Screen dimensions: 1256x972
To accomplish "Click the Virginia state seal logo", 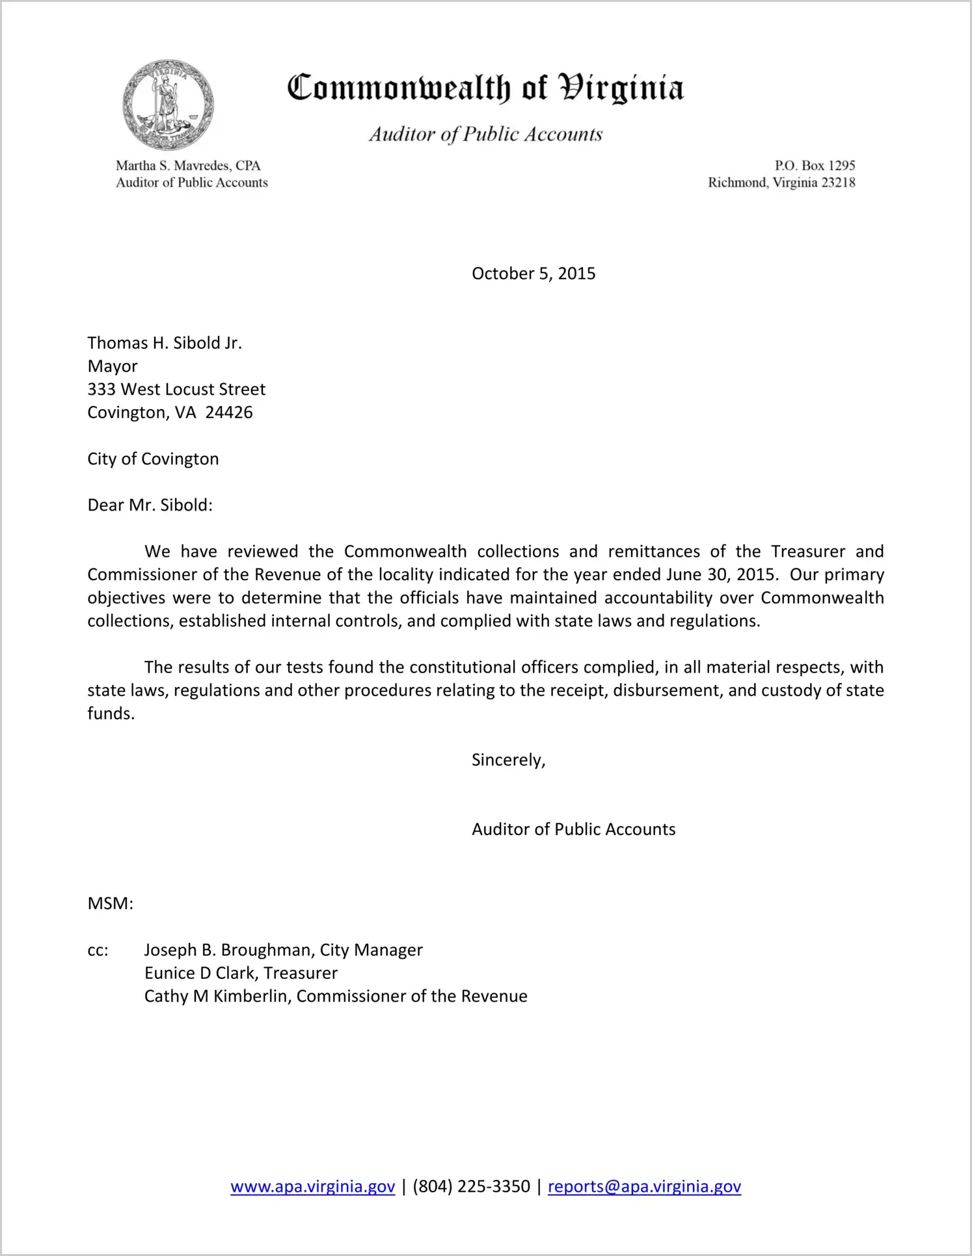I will [168, 105].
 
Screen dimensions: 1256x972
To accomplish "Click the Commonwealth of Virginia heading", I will [485, 88].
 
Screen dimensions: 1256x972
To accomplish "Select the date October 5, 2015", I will [533, 274].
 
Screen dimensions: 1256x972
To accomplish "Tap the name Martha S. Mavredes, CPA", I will [188, 166].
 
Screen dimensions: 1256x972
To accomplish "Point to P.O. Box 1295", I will [815, 166].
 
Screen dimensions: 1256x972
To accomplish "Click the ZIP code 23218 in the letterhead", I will [838, 183].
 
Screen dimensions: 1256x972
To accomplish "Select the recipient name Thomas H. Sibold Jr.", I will [165, 343].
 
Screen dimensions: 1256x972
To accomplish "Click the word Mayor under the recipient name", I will [113, 367].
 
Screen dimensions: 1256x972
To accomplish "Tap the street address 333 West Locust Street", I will [176, 390].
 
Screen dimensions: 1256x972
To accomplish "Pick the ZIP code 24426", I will [229, 413].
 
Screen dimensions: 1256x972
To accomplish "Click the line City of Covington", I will [153, 459].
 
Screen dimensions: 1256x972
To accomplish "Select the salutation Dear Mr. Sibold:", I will [150, 505].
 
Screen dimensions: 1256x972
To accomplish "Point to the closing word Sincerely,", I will [508, 760].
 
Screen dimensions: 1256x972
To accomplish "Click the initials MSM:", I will [111, 904].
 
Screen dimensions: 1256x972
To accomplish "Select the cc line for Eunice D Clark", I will [241, 974].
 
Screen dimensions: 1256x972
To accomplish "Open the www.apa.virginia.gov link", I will [313, 1187].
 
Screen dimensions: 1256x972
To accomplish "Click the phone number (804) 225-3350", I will [471, 1187].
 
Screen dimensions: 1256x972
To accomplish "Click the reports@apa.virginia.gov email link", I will [644, 1187].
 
